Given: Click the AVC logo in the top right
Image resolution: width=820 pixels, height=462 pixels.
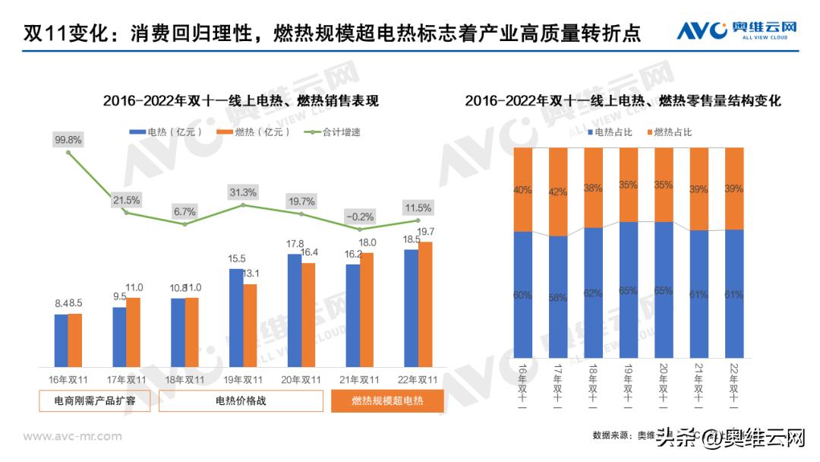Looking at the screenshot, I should coord(736,30).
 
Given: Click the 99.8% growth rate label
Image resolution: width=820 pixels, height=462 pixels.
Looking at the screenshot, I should coord(68,140).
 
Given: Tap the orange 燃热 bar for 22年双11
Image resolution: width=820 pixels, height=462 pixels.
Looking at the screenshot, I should coord(425,304).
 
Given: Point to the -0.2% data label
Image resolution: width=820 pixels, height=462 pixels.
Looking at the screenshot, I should coord(359,216).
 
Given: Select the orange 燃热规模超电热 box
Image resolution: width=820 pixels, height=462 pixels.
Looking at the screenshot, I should coord(387,401).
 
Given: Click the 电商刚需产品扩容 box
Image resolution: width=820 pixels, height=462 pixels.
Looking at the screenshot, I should coord(95,401).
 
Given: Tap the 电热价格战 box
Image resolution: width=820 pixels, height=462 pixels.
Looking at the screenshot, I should coord(241,401).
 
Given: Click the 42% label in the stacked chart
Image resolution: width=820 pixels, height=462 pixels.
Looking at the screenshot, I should coord(558,192).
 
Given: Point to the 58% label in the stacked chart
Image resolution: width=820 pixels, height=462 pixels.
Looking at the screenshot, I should coord(558,298).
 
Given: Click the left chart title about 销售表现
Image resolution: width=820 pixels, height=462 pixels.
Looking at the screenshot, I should coord(241,100).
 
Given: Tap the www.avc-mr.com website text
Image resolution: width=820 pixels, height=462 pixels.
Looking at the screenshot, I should coord(73,436).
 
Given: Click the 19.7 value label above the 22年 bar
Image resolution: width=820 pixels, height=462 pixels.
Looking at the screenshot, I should coord(426,232).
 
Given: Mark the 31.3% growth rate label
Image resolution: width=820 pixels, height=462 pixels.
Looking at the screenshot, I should coord(243,192).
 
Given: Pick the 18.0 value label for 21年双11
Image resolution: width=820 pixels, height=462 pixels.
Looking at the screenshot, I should coord(368,242).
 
